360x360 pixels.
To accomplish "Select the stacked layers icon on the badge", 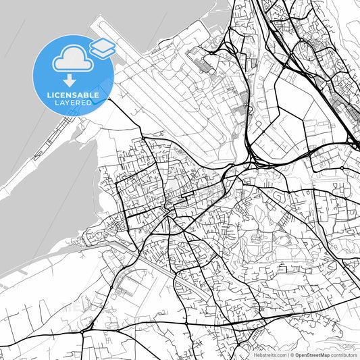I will (102, 47).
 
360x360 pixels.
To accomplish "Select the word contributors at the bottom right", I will (344, 355).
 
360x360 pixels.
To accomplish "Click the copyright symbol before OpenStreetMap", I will (292, 355).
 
